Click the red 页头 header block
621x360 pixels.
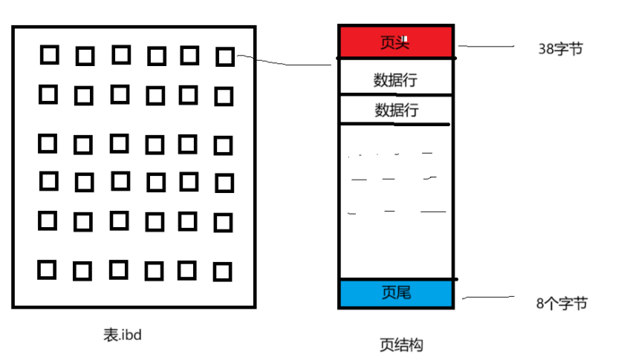[x=395, y=42]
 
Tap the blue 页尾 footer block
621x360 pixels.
[x=395, y=293]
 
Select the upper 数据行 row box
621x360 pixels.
[x=395, y=79]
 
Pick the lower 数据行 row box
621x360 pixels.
[x=395, y=110]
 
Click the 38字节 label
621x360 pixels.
[x=560, y=49]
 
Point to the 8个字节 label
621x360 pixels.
[x=562, y=303]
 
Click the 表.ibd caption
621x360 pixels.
[x=122, y=335]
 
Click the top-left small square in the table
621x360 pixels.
[x=48, y=54]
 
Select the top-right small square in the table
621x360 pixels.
[x=224, y=56]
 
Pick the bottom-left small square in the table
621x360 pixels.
[x=48, y=269]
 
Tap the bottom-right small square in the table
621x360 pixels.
[x=222, y=272]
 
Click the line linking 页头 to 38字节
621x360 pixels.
[x=487, y=46]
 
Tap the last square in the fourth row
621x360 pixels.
[x=223, y=183]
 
